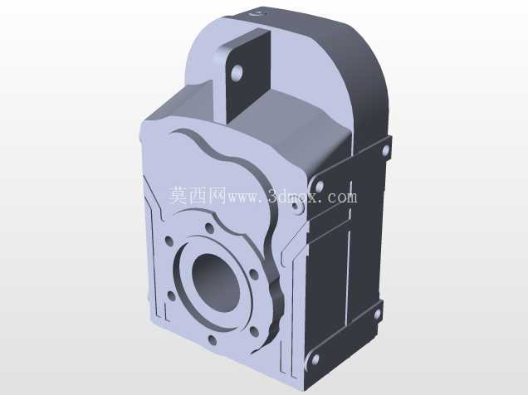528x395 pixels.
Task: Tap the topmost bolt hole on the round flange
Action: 209,227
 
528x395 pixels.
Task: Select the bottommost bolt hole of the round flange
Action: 213,340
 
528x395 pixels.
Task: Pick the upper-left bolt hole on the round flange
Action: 169,241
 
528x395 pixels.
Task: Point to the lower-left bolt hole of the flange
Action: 171,296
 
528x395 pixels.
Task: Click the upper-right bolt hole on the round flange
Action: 254,274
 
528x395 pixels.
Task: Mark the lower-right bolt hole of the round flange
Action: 255,332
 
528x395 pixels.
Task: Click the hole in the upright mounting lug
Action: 237,71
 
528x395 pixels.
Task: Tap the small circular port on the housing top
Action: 257,14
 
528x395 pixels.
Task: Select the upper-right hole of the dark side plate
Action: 385,150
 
